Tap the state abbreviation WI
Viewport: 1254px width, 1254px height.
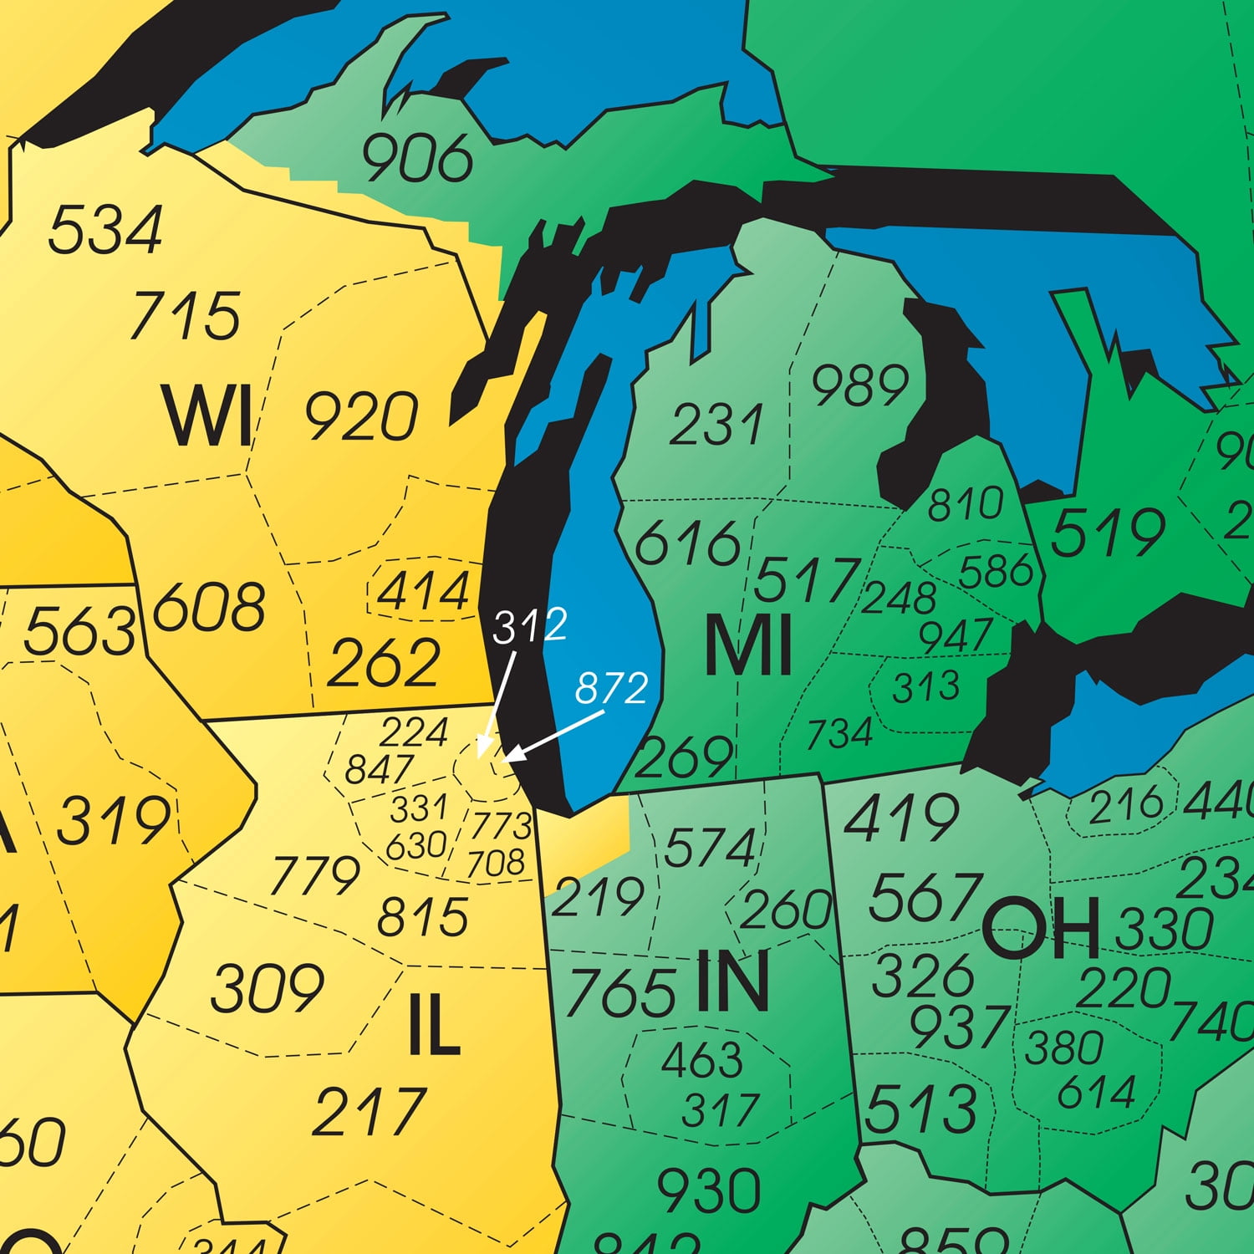208,415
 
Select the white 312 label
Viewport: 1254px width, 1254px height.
530,626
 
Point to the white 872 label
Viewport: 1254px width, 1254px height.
611,688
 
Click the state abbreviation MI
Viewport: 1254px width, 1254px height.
747,646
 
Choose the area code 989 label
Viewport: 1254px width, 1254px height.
860,385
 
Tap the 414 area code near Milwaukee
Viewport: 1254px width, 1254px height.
424,592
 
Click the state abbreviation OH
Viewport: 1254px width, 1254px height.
1040,930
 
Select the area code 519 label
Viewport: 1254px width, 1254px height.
1107,533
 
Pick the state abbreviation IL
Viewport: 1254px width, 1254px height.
434,1027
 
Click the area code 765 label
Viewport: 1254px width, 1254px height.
620,993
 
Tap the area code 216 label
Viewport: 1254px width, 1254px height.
1125,803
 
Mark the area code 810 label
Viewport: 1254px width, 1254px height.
965,504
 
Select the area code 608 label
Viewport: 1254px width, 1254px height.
209,607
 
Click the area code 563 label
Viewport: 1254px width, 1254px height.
79,631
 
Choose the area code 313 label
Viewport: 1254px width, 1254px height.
925,687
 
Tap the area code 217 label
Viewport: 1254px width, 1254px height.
369,1112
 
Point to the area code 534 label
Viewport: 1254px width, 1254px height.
104,230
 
